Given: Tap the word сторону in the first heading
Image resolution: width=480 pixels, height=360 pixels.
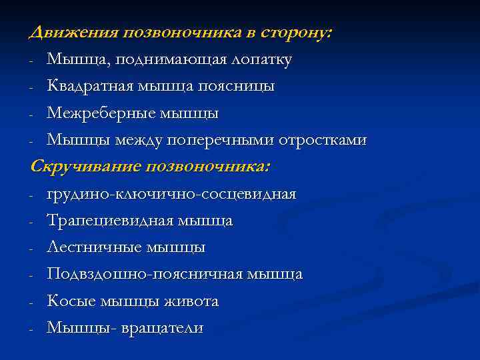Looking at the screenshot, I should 296,33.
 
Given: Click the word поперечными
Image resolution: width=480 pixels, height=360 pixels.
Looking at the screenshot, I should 258,141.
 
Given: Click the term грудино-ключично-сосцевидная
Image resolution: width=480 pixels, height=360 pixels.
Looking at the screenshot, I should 171,194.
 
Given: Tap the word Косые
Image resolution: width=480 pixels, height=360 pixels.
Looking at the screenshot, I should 70,301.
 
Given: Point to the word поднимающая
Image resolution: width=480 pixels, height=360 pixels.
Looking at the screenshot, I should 163,60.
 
